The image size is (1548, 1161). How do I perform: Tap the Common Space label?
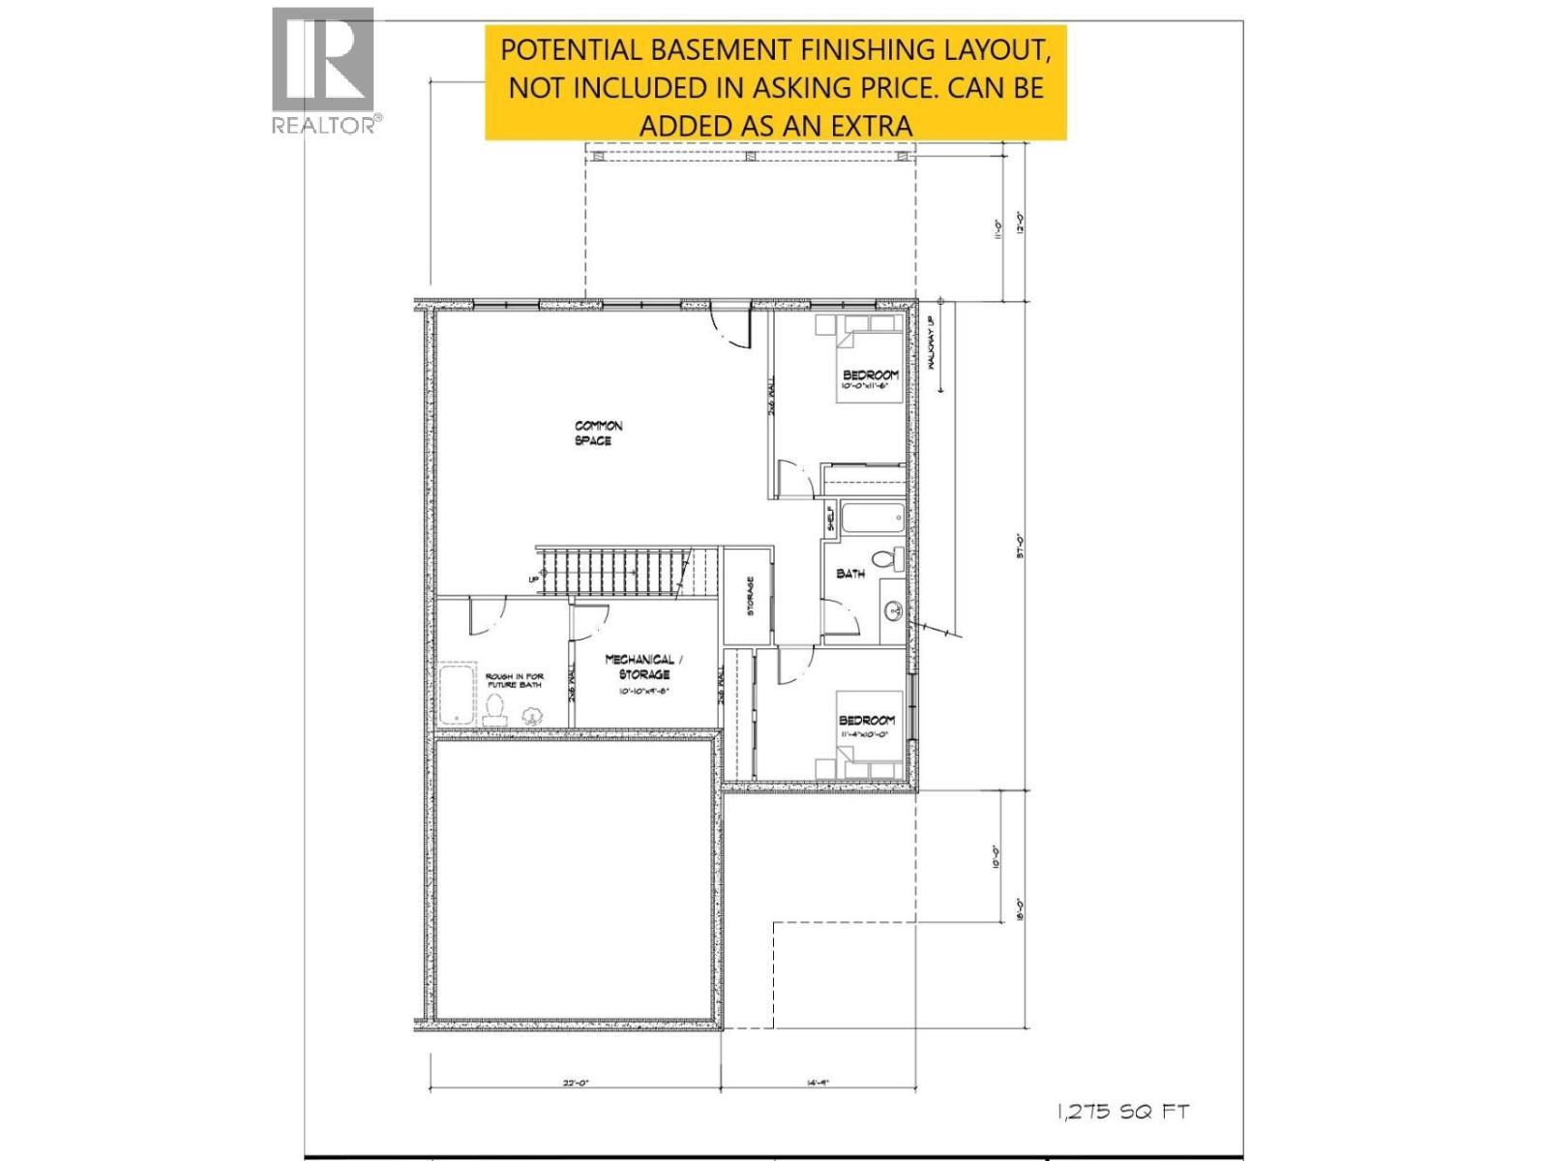coord(598,433)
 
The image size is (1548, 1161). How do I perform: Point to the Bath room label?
coord(850,574)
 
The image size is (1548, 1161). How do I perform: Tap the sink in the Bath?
coord(894,610)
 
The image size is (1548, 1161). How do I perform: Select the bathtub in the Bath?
coord(872,518)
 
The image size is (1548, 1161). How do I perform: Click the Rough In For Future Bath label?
coord(514,680)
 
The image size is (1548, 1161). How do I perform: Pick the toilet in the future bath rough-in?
coord(495,709)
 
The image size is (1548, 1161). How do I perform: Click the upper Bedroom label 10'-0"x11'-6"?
coord(870,379)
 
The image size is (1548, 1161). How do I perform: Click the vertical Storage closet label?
coord(750,596)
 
